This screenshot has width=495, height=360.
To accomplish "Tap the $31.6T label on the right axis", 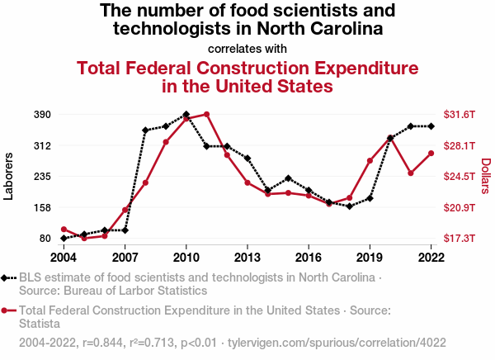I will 458,114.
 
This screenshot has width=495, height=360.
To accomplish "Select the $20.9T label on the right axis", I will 458,207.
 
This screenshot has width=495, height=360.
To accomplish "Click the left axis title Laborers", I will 10,176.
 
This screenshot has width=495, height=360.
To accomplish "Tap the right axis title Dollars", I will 485,176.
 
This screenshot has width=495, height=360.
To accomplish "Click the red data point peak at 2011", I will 206,114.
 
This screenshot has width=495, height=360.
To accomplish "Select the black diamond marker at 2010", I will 186,115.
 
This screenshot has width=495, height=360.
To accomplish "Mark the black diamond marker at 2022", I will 431,126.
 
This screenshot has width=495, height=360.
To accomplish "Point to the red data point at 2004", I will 64,229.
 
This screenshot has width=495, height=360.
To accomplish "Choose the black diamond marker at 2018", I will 349,206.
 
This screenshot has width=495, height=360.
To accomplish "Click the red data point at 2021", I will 410,173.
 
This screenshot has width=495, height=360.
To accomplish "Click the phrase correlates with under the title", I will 247,48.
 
